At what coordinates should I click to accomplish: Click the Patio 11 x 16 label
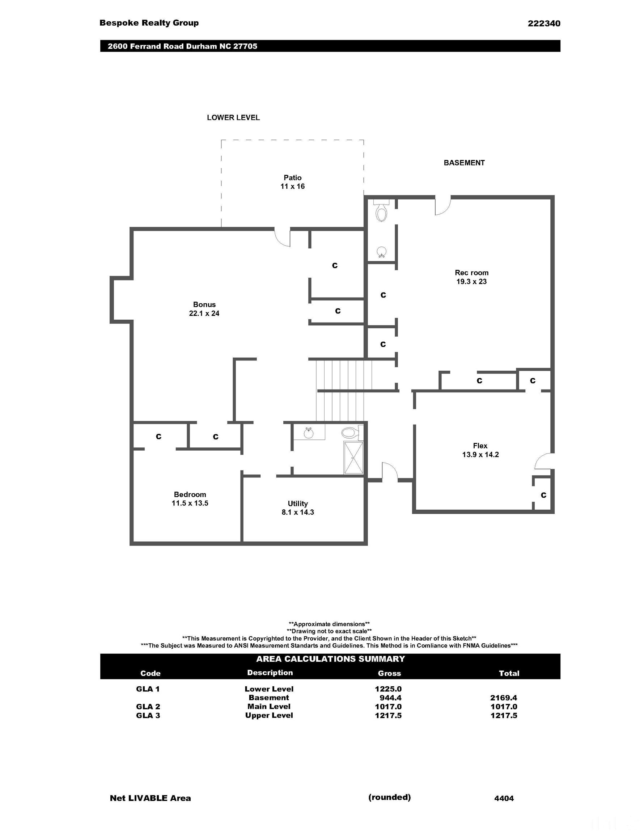coord(292,182)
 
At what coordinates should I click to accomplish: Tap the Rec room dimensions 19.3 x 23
coord(471,281)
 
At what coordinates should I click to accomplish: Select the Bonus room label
coord(204,308)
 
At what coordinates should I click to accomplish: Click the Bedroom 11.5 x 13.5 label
coord(190,499)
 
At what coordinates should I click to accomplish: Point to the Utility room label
coord(298,508)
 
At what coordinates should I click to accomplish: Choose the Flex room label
coord(480,450)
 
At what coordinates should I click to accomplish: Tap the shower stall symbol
coord(353,458)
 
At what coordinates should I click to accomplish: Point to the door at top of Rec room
coord(443,206)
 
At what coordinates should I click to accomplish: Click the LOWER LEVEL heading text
coord(233,118)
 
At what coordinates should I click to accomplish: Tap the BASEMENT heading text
coord(464,163)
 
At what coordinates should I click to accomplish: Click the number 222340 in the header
coord(544,24)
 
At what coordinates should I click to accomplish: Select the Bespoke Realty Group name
coord(149,23)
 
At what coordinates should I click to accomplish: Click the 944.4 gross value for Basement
coord(390,698)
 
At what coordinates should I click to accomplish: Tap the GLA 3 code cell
coord(148,715)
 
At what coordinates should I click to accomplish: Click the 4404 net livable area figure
coord(504,798)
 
